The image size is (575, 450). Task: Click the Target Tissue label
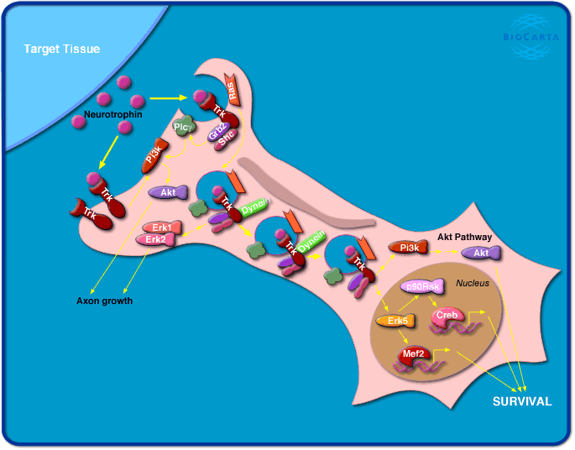pyautogui.click(x=62, y=50)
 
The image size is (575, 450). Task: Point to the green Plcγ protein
pyautogui.click(x=183, y=127)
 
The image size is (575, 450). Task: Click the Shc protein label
pyautogui.click(x=226, y=141)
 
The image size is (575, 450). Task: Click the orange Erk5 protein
pyautogui.click(x=392, y=321)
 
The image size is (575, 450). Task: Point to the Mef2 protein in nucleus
pyautogui.click(x=414, y=354)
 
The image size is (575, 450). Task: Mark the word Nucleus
pyautogui.click(x=472, y=283)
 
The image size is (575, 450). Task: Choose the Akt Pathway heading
pyautogui.click(x=464, y=238)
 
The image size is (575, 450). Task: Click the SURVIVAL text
pyautogui.click(x=521, y=401)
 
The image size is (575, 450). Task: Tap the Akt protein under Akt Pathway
pyautogui.click(x=481, y=252)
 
